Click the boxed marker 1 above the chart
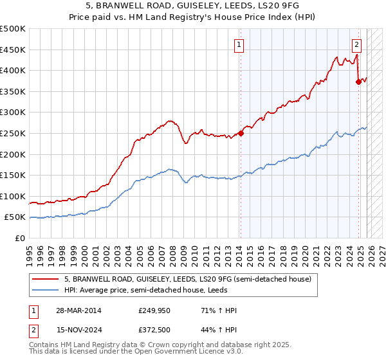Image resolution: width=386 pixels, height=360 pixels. click(239, 45)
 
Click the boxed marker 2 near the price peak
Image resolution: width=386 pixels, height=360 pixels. click(356, 45)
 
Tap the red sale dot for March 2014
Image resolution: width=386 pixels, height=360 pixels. click(241, 134)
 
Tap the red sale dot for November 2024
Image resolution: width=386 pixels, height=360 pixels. click(359, 82)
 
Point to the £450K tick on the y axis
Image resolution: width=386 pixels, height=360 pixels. click(13, 50)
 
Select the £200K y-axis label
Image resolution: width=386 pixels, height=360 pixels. click(13, 154)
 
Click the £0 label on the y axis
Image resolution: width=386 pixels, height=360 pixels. click(21, 239)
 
